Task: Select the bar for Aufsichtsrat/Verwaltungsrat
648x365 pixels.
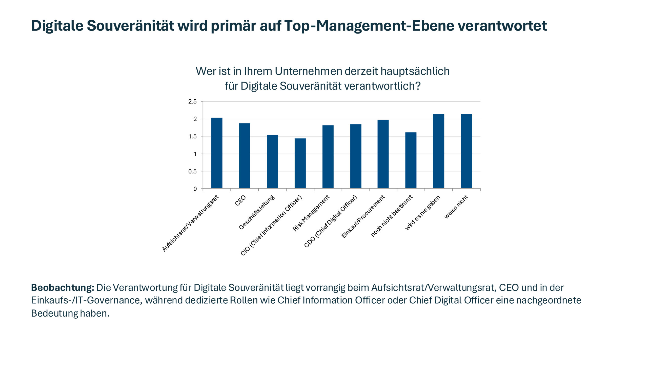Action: point(217,153)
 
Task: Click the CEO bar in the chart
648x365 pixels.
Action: point(245,156)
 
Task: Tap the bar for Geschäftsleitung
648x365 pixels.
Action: point(272,161)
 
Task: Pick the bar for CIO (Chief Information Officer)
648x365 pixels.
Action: point(300,163)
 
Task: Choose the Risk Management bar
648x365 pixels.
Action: point(328,157)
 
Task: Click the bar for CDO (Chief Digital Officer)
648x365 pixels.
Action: point(356,156)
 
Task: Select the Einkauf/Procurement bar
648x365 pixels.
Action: point(383,154)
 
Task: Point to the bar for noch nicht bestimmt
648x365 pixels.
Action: point(411,160)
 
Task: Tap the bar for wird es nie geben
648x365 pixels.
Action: point(439,151)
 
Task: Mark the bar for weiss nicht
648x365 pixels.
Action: point(467,151)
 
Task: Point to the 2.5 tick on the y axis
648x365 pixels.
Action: point(192,102)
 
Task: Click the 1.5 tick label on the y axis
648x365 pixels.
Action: point(192,137)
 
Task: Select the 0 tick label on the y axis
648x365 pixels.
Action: point(195,189)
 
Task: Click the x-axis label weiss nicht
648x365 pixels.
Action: point(456,207)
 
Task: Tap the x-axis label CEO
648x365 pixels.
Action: point(240,200)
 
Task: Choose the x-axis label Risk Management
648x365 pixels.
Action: point(311,213)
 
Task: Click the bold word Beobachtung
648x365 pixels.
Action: point(63,288)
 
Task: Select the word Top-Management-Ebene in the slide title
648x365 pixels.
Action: point(369,26)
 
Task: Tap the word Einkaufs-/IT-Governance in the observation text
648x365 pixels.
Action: point(86,300)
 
